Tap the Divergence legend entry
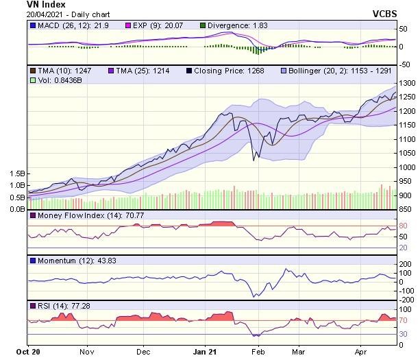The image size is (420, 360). [237, 25]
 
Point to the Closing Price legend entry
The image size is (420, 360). [224, 71]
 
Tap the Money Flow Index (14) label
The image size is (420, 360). [80, 217]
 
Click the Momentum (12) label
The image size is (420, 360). [66, 261]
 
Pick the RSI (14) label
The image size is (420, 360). [55, 304]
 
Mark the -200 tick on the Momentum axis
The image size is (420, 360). [405, 300]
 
